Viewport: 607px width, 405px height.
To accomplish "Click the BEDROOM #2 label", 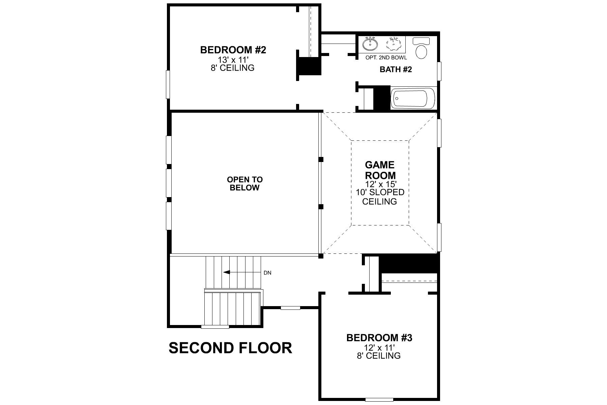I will (233, 50).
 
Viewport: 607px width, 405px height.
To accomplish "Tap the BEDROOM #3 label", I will (379, 338).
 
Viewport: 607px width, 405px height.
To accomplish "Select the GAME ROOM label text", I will (380, 170).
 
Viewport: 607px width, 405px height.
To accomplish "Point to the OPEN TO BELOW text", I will (244, 184).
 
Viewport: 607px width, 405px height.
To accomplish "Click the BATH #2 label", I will (396, 70).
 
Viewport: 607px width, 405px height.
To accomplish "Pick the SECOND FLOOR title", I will (230, 348).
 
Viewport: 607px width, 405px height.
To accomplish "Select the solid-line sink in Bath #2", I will (370, 44).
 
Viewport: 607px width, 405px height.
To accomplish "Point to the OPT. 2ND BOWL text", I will (386, 58).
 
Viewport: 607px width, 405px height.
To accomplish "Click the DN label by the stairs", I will (267, 273).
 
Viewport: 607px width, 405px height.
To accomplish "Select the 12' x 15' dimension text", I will (380, 185).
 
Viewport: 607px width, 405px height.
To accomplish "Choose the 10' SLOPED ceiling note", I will (380, 192).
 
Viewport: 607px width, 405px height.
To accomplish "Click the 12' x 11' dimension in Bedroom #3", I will (379, 347).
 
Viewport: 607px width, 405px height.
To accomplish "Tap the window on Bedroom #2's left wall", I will (168, 84).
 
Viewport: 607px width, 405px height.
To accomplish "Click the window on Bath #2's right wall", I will (439, 71).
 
